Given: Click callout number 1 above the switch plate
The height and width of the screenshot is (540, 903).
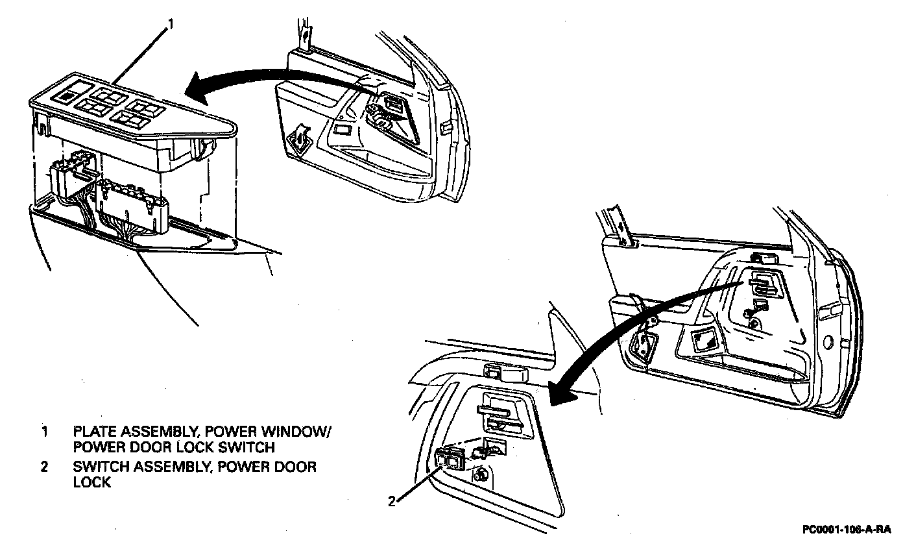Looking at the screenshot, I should (x=171, y=24).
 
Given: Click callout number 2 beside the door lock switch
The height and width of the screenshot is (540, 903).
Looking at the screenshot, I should (x=391, y=500).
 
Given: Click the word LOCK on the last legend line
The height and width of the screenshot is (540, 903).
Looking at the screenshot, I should (x=92, y=482).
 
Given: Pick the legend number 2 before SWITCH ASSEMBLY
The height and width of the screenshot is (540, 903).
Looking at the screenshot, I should (x=44, y=467).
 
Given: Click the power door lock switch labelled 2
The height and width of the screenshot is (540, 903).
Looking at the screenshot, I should (x=448, y=459).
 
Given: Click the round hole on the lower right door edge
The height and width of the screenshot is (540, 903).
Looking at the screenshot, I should (x=828, y=341).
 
